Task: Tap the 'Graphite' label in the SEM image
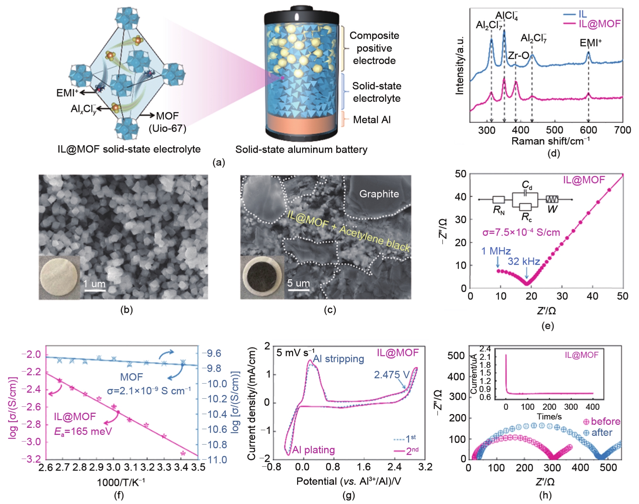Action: (379, 194)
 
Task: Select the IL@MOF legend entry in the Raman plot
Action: (599, 24)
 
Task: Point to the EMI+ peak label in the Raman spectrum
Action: (590, 43)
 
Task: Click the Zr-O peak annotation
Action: (518, 55)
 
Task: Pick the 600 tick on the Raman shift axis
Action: (588, 130)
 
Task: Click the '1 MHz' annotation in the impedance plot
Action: (496, 251)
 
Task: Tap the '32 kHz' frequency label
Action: (523, 261)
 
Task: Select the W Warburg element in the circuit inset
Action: (552, 209)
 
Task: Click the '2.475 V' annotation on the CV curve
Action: (391, 375)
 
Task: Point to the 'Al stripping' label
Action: (338, 359)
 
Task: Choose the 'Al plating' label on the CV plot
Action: (313, 450)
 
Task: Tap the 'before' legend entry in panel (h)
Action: (605, 421)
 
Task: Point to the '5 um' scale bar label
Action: (298, 283)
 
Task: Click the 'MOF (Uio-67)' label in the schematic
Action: (167, 122)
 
